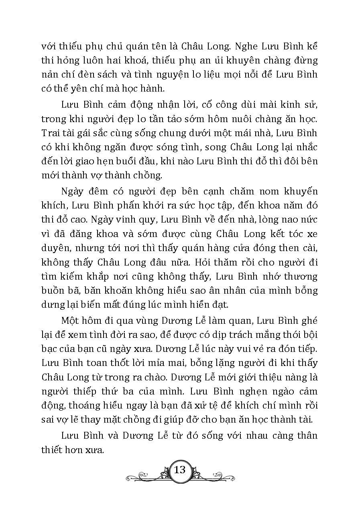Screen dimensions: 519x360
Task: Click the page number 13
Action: (x=179, y=469)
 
